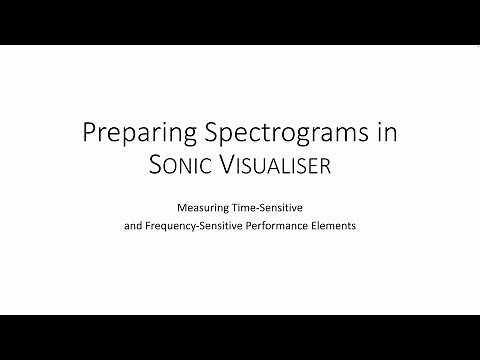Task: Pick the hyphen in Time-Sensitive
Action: tap(260, 211)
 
